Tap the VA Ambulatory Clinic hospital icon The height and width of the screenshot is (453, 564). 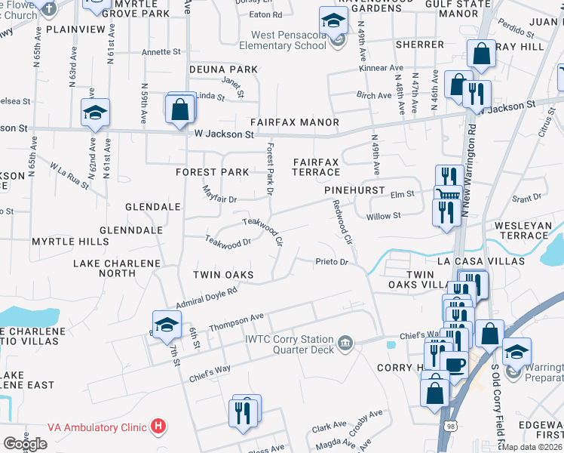pyautogui.click(x=158, y=427)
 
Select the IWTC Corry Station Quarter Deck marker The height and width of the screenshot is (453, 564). pyautogui.click(x=345, y=344)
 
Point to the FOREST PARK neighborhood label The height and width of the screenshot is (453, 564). pyautogui.click(x=212, y=172)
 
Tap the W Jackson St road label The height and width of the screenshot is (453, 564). pyautogui.click(x=223, y=134)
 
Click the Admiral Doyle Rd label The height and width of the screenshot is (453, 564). pyautogui.click(x=206, y=297)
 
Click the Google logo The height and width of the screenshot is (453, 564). pyautogui.click(x=25, y=444)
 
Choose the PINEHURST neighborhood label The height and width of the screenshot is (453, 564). pyautogui.click(x=354, y=191)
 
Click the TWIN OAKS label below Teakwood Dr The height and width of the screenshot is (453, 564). pyautogui.click(x=222, y=274)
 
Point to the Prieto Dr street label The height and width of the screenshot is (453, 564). pyautogui.click(x=331, y=262)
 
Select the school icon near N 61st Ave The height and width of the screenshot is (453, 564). pyautogui.click(x=96, y=114)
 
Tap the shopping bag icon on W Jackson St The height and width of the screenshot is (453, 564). pyautogui.click(x=181, y=109)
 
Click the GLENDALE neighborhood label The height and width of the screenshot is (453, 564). pyautogui.click(x=152, y=206)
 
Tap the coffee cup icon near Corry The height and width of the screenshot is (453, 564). pyautogui.click(x=455, y=365)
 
